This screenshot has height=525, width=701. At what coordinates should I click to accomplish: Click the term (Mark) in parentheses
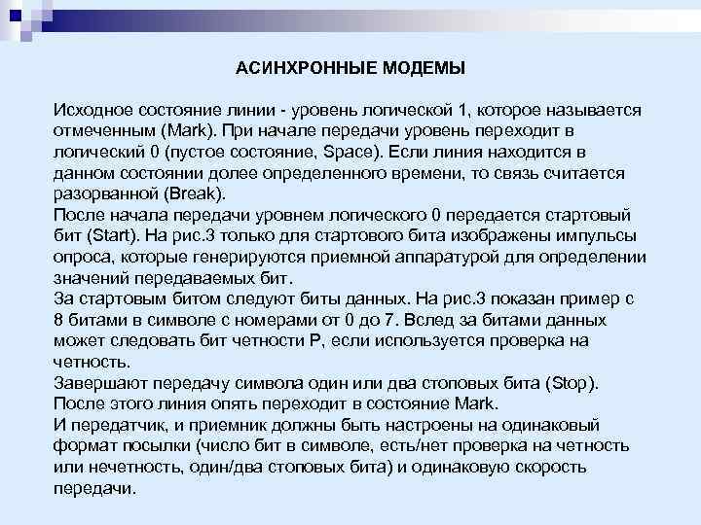point(185,130)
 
